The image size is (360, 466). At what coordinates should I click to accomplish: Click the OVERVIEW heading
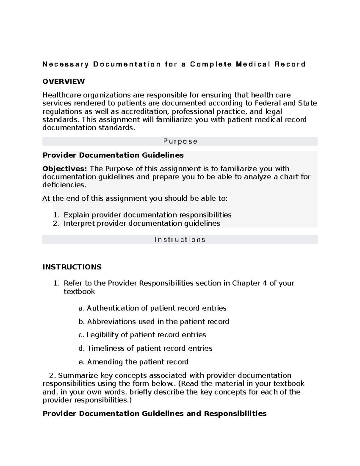[64, 81]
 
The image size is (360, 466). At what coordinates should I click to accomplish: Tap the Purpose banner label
[180, 141]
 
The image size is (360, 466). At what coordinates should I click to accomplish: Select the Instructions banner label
[180, 239]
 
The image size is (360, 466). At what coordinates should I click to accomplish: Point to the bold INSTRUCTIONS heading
[72, 267]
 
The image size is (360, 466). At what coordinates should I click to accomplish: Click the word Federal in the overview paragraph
[268, 103]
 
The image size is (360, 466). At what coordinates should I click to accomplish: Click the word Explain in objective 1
[76, 215]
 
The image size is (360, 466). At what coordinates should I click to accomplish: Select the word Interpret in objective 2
[79, 223]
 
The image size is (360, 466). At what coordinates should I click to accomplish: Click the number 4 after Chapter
[264, 283]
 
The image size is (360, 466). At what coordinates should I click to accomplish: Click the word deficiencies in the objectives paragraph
[64, 185]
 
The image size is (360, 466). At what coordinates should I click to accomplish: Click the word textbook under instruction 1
[79, 292]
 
